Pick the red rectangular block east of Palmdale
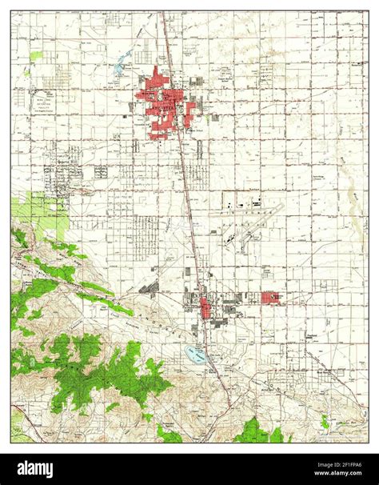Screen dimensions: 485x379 [272, 298]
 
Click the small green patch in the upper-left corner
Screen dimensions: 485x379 [36, 57]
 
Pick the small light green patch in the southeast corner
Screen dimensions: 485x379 [324, 421]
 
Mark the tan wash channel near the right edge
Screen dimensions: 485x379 [352, 192]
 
